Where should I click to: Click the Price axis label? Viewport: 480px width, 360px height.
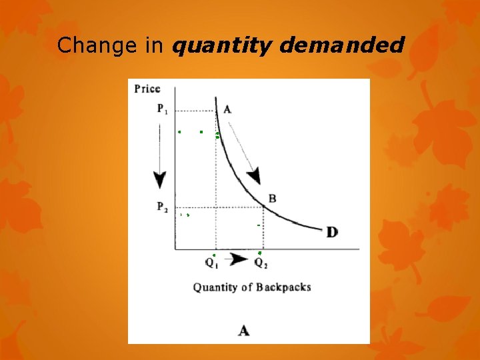(x=147, y=89)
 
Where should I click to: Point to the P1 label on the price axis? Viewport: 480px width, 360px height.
(x=163, y=109)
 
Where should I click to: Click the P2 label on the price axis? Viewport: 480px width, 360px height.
(x=163, y=207)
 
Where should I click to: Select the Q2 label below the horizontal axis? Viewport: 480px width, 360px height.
(x=261, y=263)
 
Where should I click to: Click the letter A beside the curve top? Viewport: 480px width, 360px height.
(x=227, y=110)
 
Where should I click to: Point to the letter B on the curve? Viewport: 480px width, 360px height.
(x=272, y=198)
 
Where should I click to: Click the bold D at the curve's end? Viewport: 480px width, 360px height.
(x=331, y=232)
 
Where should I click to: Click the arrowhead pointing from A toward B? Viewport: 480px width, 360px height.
(x=253, y=176)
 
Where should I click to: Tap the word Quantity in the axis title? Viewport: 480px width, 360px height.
(x=213, y=288)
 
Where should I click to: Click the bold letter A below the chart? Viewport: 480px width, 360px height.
(x=244, y=330)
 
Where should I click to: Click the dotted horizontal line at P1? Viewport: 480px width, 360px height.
(x=195, y=110)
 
